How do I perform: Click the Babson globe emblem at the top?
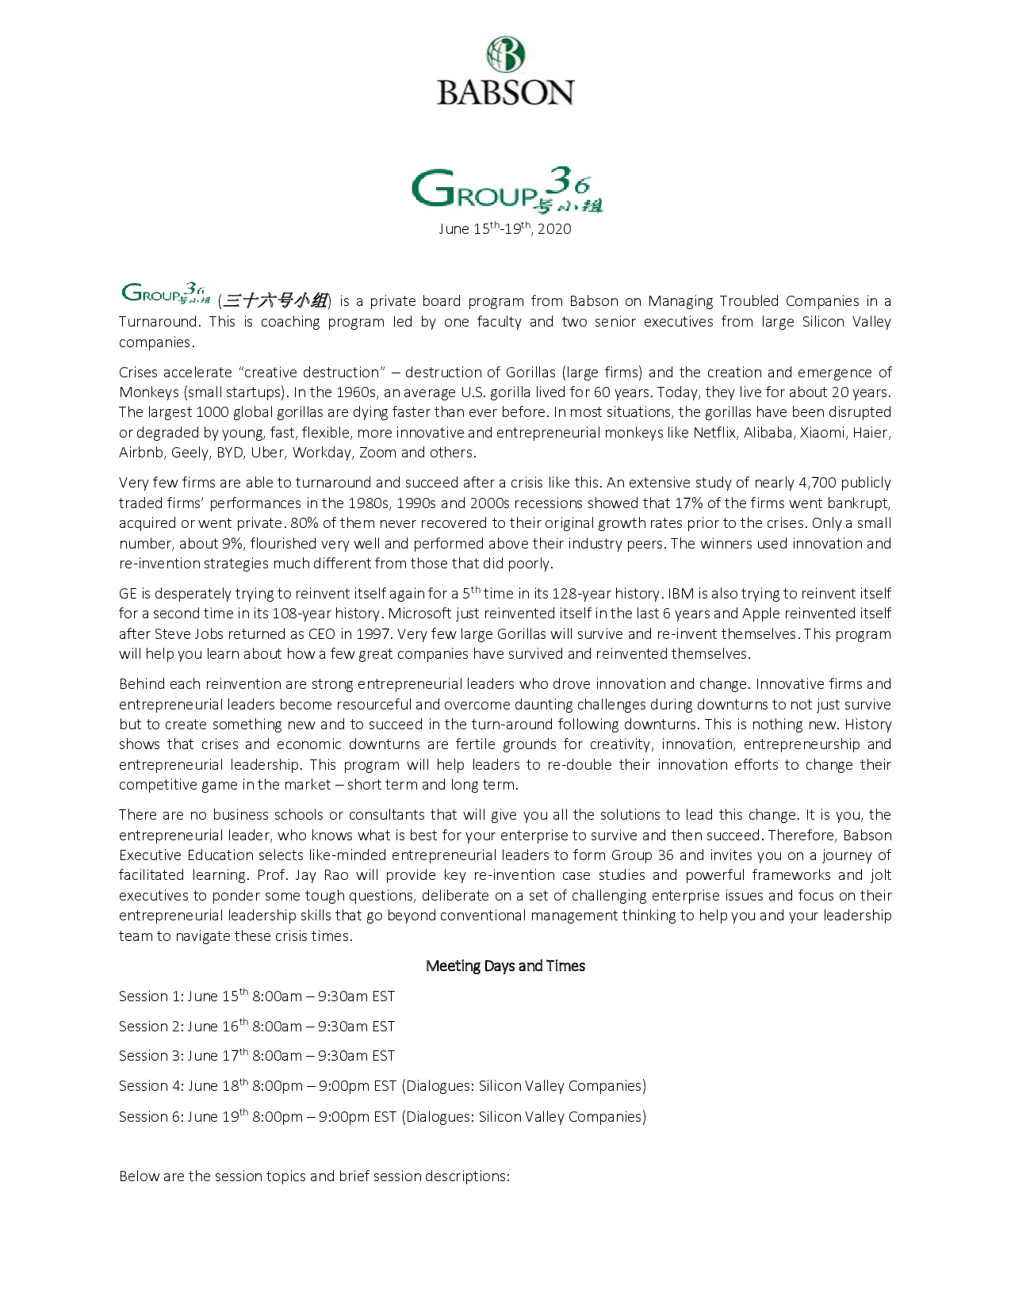coord(505,55)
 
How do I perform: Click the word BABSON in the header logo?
coord(505,92)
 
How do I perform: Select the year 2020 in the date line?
coord(554,229)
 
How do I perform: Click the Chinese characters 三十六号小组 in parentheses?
coord(275,301)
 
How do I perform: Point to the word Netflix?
coord(714,433)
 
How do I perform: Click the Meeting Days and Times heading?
coord(505,966)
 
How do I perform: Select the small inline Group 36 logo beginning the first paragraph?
coord(165,294)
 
